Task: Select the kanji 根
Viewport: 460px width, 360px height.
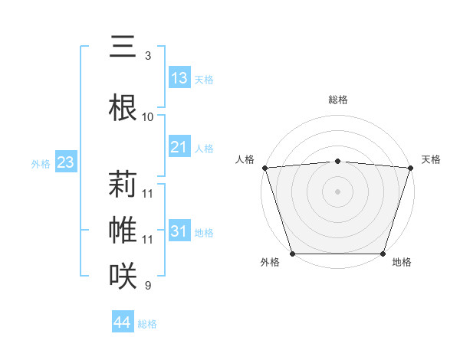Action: pyautogui.click(x=123, y=106)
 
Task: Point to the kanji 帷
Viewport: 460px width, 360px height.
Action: pyautogui.click(x=123, y=229)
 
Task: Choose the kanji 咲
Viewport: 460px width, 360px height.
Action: pyautogui.click(x=123, y=275)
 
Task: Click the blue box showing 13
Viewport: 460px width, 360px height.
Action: pyautogui.click(x=179, y=77)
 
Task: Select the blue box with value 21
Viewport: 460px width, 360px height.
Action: pyautogui.click(x=179, y=146)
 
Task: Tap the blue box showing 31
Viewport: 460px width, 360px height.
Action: pyautogui.click(x=179, y=231)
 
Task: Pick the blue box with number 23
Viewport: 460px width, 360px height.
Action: pyautogui.click(x=65, y=162)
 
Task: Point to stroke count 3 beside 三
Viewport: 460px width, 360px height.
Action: pyautogui.click(x=147, y=56)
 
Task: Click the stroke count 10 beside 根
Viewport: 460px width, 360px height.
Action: pyautogui.click(x=147, y=116)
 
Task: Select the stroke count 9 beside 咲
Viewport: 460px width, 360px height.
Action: pyautogui.click(x=147, y=286)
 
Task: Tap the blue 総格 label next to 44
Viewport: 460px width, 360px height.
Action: pyautogui.click(x=147, y=324)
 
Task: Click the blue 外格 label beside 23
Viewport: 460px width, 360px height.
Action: pyautogui.click(x=41, y=163)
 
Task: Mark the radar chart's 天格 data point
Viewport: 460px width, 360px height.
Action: pyautogui.click(x=410, y=168)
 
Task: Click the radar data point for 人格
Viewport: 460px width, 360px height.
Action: pyautogui.click(x=264, y=168)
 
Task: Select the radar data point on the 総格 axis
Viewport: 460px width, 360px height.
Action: pyautogui.click(x=337, y=161)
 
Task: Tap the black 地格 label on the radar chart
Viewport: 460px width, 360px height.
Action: pyautogui.click(x=402, y=263)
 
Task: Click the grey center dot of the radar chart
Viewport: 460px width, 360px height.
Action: pyautogui.click(x=337, y=191)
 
